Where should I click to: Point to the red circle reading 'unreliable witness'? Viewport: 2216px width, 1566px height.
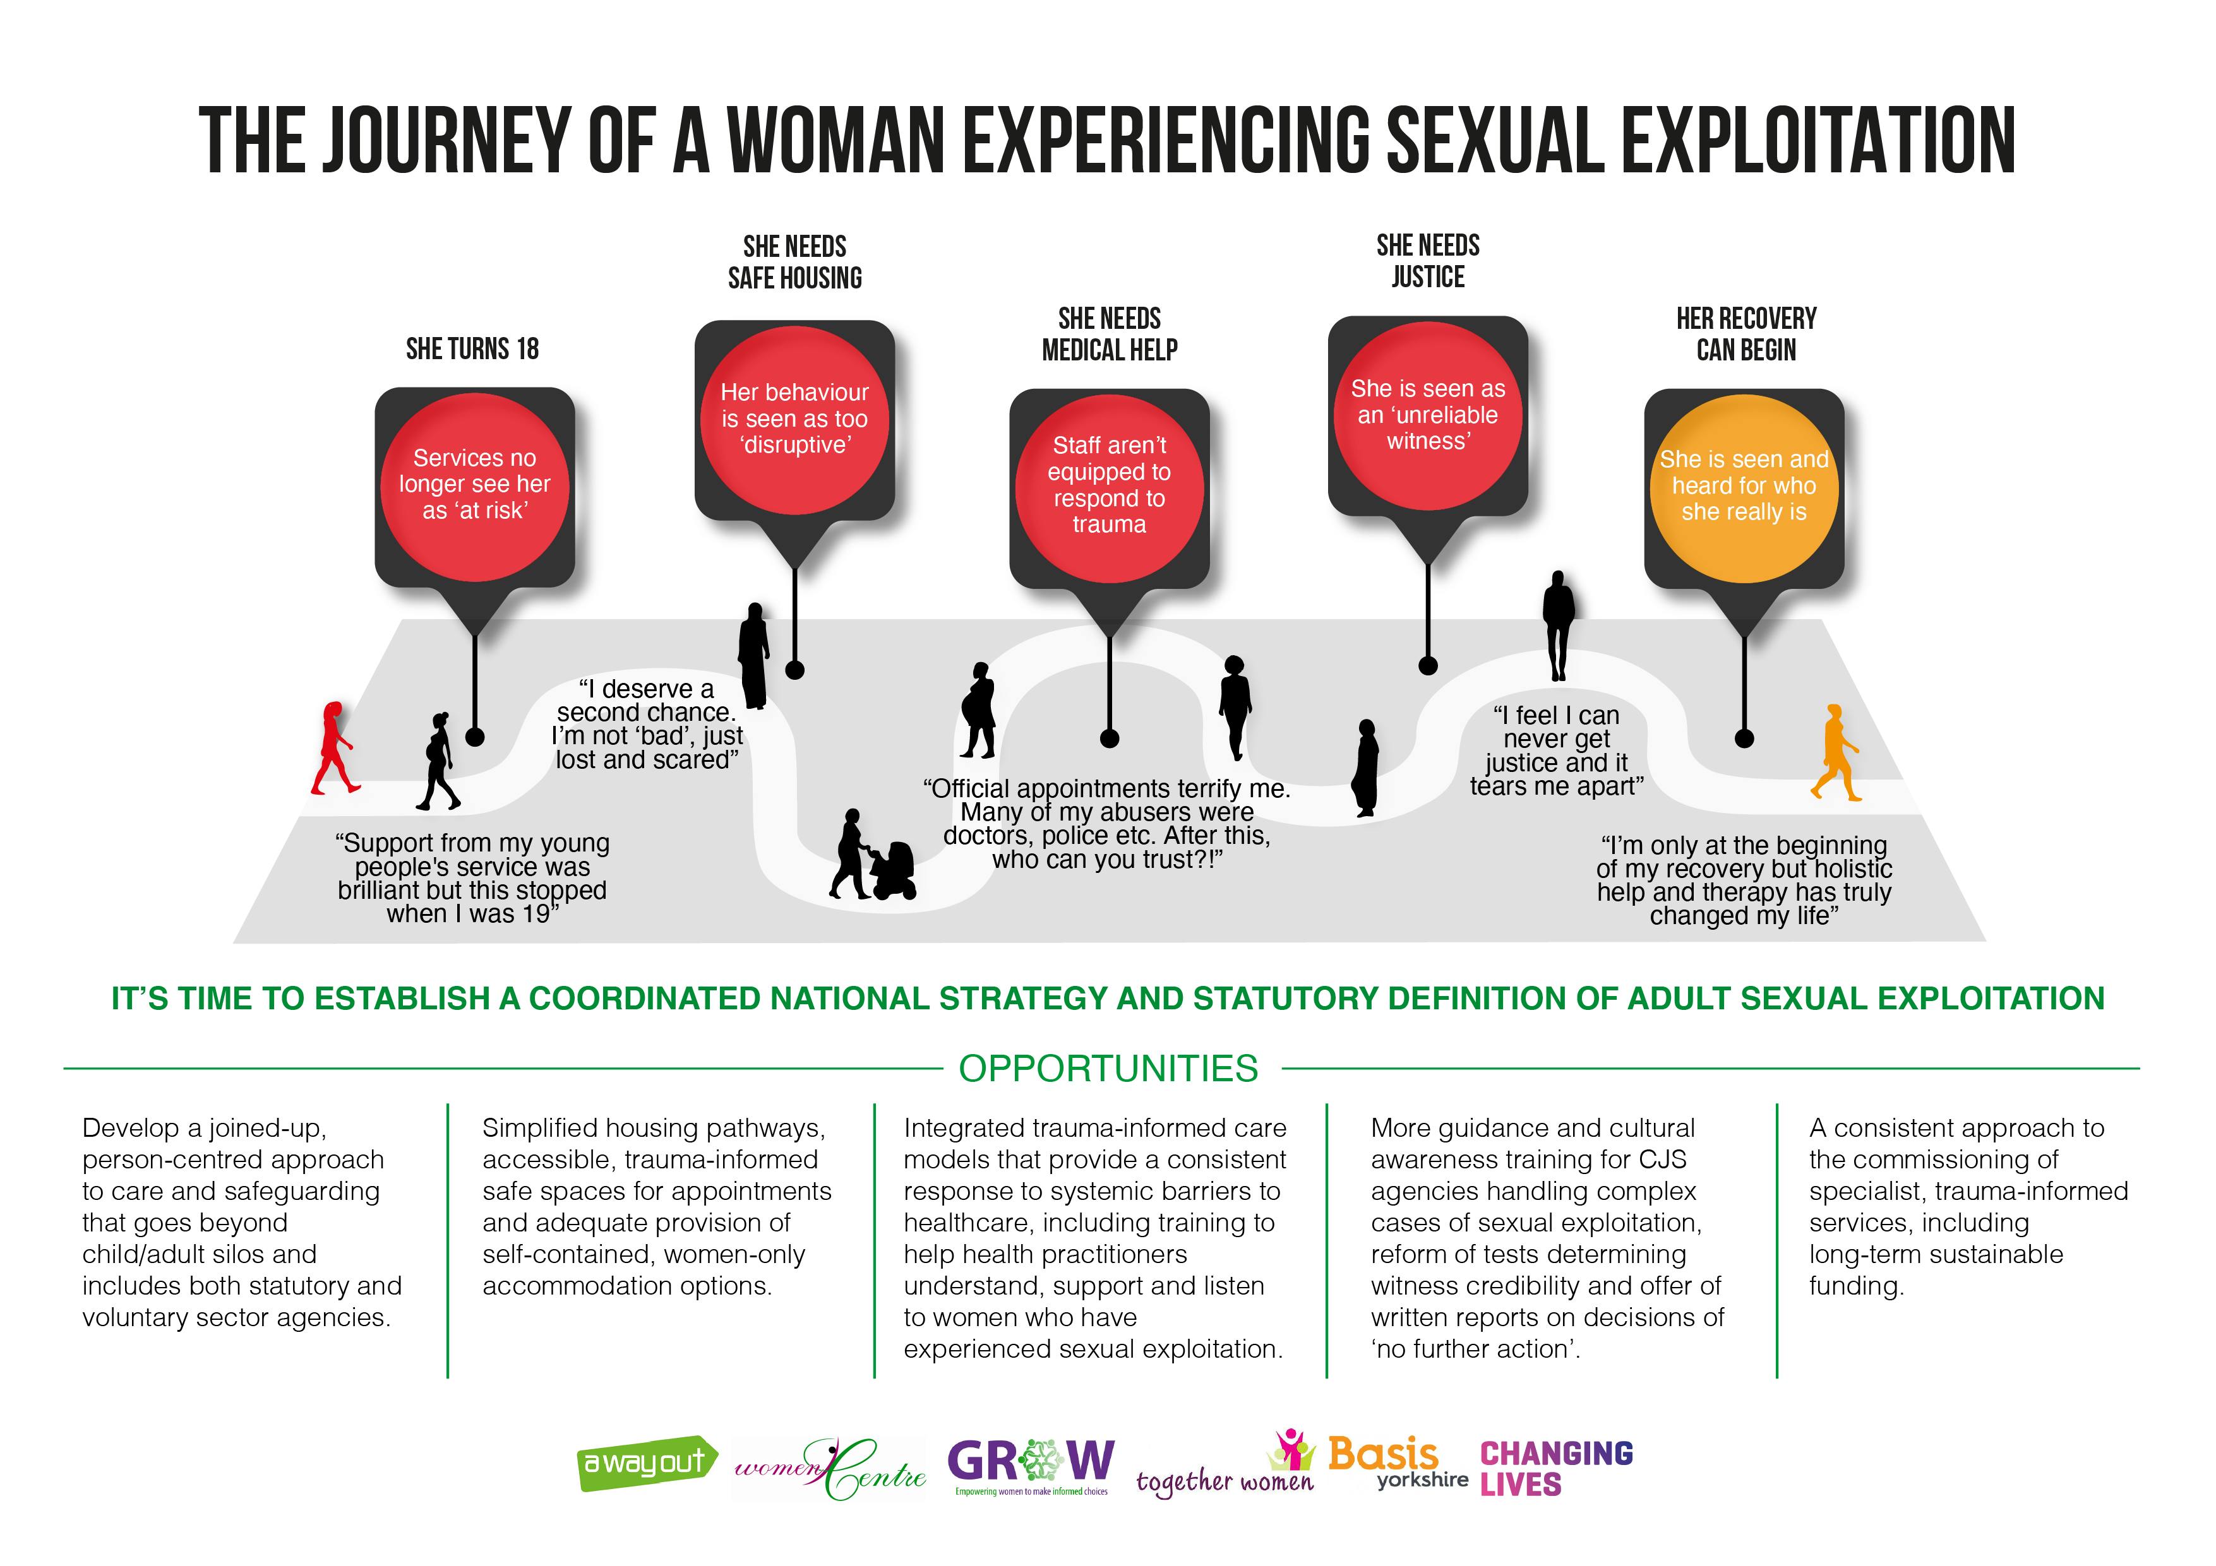tap(1427, 415)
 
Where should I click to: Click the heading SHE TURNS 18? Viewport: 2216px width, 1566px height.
tap(472, 348)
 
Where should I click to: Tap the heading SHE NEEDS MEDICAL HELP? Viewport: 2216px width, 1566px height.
tap(1109, 334)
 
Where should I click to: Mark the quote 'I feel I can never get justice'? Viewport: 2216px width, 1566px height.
tap(1556, 750)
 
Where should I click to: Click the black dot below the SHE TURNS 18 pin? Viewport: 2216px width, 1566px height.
tap(474, 737)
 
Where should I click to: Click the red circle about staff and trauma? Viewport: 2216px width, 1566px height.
tap(1109, 485)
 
